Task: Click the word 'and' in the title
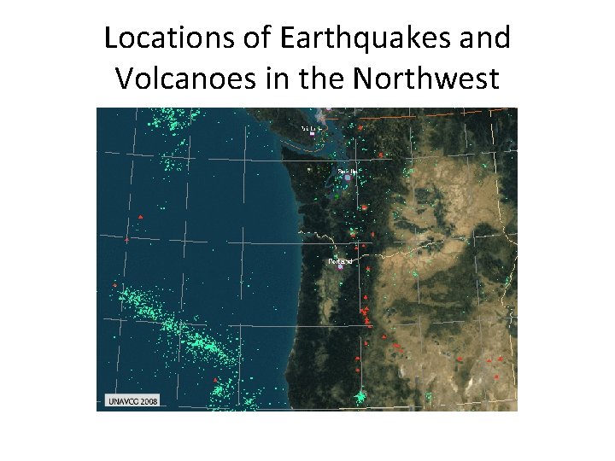pyautogui.click(x=482, y=39)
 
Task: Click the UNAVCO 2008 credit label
pyautogui.click(x=132, y=400)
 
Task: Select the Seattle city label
pyautogui.click(x=347, y=172)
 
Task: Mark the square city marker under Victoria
pyautogui.click(x=313, y=134)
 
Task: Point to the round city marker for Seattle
pyautogui.click(x=347, y=178)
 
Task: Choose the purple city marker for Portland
pyautogui.click(x=340, y=266)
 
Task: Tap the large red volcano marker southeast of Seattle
pyautogui.click(x=364, y=207)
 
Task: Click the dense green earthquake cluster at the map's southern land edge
pyautogui.click(x=362, y=396)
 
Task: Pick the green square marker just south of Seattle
pyautogui.click(x=337, y=195)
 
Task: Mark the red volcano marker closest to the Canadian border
pyautogui.click(x=361, y=127)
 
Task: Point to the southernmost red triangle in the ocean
pyautogui.click(x=215, y=380)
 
